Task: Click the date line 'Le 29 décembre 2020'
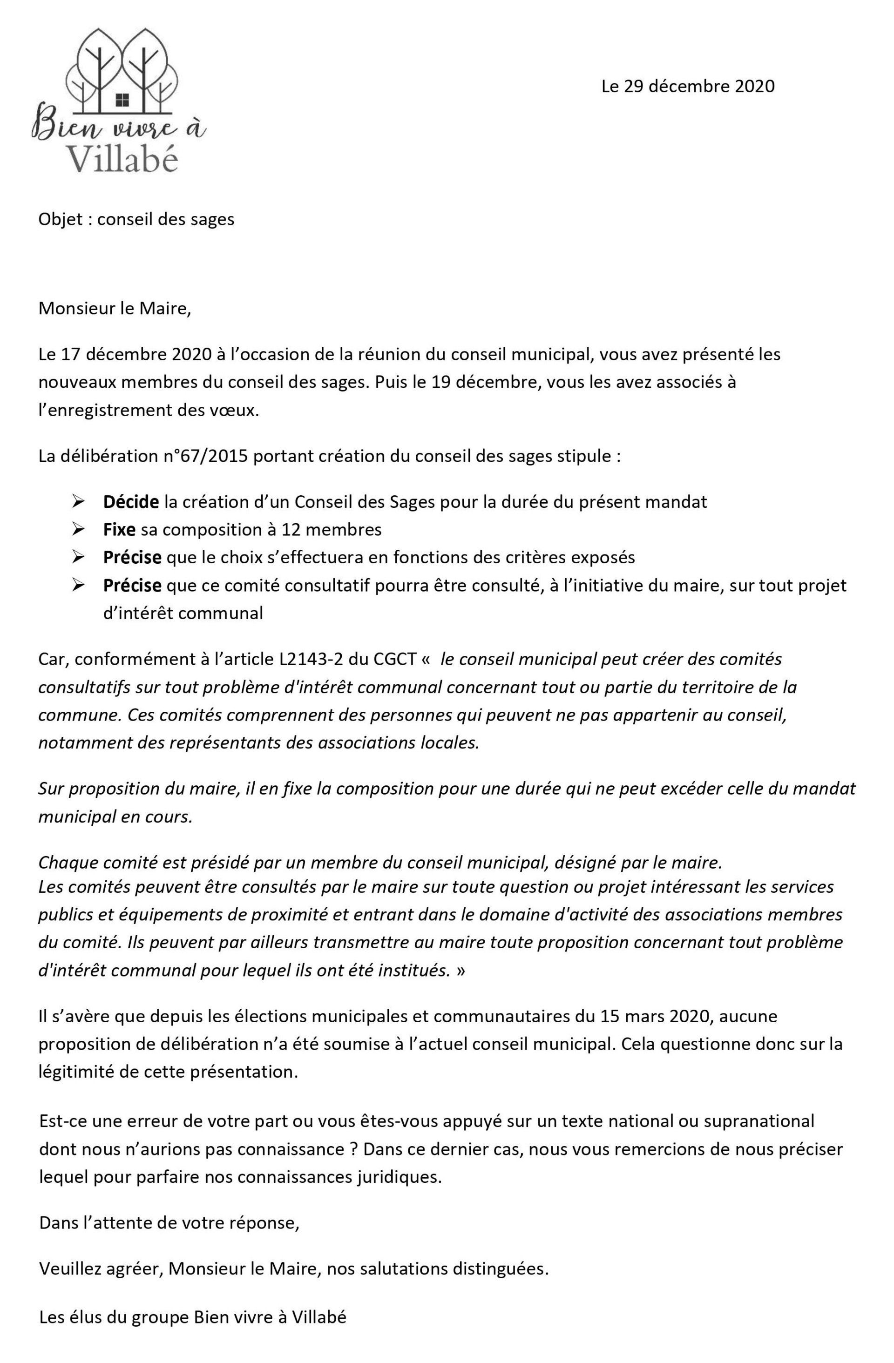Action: pos(687,87)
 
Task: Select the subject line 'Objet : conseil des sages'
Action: pos(136,219)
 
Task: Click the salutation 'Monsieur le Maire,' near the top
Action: pos(114,309)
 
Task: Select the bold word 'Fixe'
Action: pos(119,529)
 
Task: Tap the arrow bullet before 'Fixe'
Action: pos(79,529)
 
